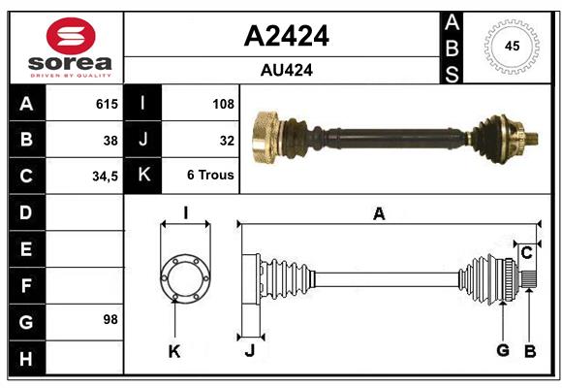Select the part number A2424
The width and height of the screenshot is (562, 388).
coord(286,36)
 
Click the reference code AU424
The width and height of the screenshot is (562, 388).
coord(286,70)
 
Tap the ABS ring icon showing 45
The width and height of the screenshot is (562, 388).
coord(511,47)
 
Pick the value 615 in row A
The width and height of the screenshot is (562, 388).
coord(106,104)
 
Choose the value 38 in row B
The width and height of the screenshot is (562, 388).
coord(109,141)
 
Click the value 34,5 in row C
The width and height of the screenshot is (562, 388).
coord(104,178)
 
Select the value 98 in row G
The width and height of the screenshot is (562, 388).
coord(109,319)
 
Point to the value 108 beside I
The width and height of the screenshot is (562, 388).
coord(222,104)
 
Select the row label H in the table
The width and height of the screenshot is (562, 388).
coord(26,358)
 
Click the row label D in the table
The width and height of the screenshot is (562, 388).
coord(26,211)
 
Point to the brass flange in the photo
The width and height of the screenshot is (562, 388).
coord(265,137)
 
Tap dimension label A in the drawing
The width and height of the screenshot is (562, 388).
coord(379,214)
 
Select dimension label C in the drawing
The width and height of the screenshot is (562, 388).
coord(526,253)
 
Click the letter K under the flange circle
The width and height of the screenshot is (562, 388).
coord(174,351)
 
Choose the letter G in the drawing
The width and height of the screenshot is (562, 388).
coord(503,350)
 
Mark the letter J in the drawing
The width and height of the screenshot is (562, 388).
coord(249,351)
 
